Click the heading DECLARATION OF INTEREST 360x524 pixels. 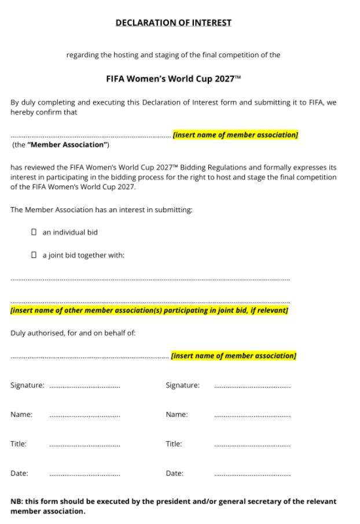pyautogui.click(x=173, y=23)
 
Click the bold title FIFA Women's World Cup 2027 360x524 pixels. pyautogui.click(x=173, y=79)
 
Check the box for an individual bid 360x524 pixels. pyautogui.click(x=34, y=232)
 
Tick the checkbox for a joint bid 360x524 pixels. pyautogui.click(x=34, y=254)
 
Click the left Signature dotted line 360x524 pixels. pyautogui.click(x=85, y=386)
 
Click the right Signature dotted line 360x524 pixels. pyautogui.click(x=252, y=386)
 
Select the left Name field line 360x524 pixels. pyautogui.click(x=85, y=415)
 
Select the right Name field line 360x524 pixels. pyautogui.click(x=252, y=415)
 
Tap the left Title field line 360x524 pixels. pyautogui.click(x=85, y=445)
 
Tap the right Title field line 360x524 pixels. pyautogui.click(x=252, y=445)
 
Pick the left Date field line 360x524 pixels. pyautogui.click(x=85, y=474)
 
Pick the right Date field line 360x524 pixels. pyautogui.click(x=252, y=474)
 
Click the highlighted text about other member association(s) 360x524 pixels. pyautogui.click(x=149, y=311)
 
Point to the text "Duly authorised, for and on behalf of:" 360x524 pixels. pyautogui.click(x=73, y=333)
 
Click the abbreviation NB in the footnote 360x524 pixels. pyautogui.click(x=16, y=501)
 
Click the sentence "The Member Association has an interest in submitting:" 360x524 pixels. pyautogui.click(x=101, y=210)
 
